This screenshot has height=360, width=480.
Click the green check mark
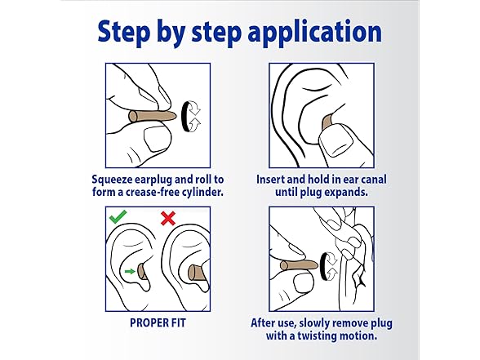click(118, 217)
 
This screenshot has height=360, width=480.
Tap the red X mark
click(168, 218)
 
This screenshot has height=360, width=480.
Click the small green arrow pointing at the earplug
click(130, 271)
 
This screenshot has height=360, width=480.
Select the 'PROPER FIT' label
click(158, 323)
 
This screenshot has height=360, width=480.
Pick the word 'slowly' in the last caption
click(315, 323)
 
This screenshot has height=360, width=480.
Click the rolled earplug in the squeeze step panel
click(152, 116)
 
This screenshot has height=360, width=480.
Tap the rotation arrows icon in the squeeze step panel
click(191, 117)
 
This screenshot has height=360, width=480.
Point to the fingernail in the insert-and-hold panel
click(336, 140)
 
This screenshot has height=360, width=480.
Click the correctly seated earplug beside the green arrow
click(142, 271)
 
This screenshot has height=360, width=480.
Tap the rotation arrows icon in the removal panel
click(329, 266)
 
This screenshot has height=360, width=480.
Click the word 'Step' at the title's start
click(124, 32)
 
